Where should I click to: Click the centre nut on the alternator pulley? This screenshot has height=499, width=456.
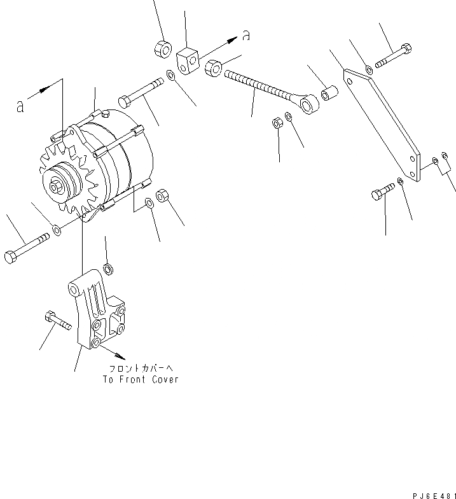pos(56,186)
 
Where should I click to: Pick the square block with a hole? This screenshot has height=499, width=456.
pos(189,60)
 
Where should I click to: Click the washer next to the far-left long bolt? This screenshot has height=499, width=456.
pos(57,229)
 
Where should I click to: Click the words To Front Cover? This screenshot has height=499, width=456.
pos(141,380)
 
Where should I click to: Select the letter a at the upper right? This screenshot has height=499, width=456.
pos(245,36)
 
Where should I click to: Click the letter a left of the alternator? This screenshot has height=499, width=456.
pos(20,107)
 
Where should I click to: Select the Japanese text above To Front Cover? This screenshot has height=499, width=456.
pos(141,369)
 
